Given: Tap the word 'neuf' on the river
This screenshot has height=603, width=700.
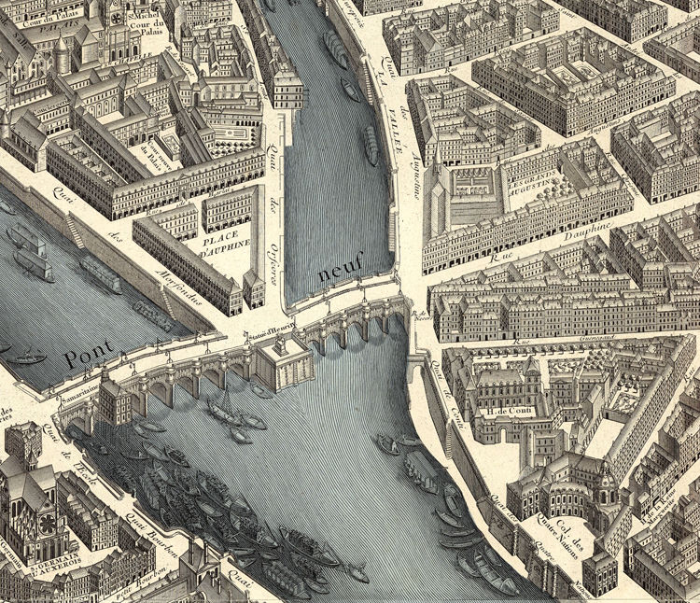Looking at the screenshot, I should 338,272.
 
